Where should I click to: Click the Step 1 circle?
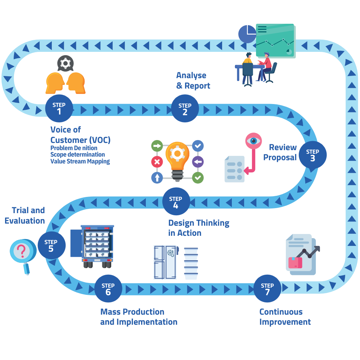point(59,108)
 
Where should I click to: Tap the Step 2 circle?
point(185,108)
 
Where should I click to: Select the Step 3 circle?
point(312,155)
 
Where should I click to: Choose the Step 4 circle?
point(176,202)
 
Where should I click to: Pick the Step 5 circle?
point(51,245)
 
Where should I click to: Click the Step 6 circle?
point(108,288)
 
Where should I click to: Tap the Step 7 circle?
point(267,288)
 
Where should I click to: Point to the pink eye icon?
point(254,141)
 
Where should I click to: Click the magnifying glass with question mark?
point(22,252)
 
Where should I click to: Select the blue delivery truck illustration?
point(93,246)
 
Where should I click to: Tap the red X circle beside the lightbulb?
point(157,162)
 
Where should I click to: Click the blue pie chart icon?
point(247,34)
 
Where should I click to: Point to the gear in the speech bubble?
point(65,64)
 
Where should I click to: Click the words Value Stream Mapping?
point(80,161)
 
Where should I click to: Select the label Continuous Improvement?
point(285,317)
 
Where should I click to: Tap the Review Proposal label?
point(280,152)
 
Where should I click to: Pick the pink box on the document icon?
point(296,262)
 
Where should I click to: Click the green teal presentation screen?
point(275,40)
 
